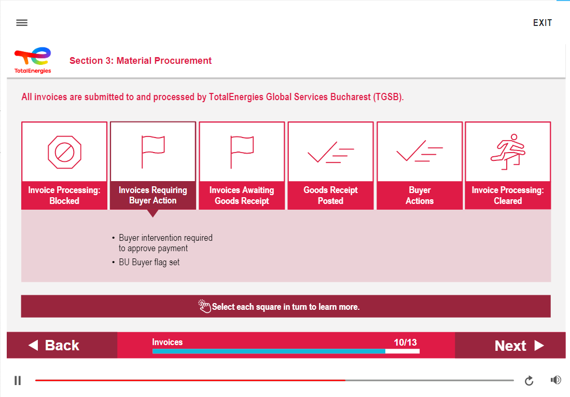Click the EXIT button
pyautogui.click(x=543, y=23)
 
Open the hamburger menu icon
pyautogui.click(x=22, y=23)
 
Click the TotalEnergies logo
pyautogui.click(x=33, y=60)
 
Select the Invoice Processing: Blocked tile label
pyautogui.click(x=64, y=196)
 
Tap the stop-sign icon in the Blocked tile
pyautogui.click(x=65, y=152)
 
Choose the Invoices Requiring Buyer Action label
pyautogui.click(x=153, y=195)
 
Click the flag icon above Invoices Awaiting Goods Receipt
pyautogui.click(x=242, y=152)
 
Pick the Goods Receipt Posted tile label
pyautogui.click(x=331, y=196)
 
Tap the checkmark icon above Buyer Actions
pyautogui.click(x=420, y=151)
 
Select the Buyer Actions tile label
pyautogui.click(x=420, y=196)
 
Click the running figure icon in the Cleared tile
pyautogui.click(x=508, y=152)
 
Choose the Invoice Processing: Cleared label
pyautogui.click(x=508, y=196)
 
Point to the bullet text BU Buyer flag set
pyautogui.click(x=149, y=263)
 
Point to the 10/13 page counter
pyautogui.click(x=405, y=343)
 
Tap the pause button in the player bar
pyautogui.click(x=18, y=380)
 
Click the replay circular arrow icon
pyautogui.click(x=529, y=380)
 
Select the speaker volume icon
pyautogui.click(x=556, y=380)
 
